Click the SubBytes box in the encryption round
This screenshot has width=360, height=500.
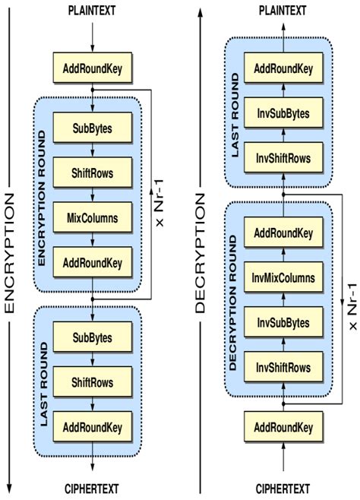93,128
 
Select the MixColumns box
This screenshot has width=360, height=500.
93,217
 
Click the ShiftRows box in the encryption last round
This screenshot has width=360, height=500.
93,381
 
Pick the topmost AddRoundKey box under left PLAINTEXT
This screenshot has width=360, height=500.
93,70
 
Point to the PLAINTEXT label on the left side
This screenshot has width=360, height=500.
93,10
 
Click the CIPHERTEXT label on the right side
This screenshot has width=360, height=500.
283,489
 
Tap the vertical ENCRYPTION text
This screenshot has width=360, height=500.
10,251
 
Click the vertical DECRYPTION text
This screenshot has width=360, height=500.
201,251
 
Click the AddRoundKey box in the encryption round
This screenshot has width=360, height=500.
93,262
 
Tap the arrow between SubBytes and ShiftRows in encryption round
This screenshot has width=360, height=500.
93,150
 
